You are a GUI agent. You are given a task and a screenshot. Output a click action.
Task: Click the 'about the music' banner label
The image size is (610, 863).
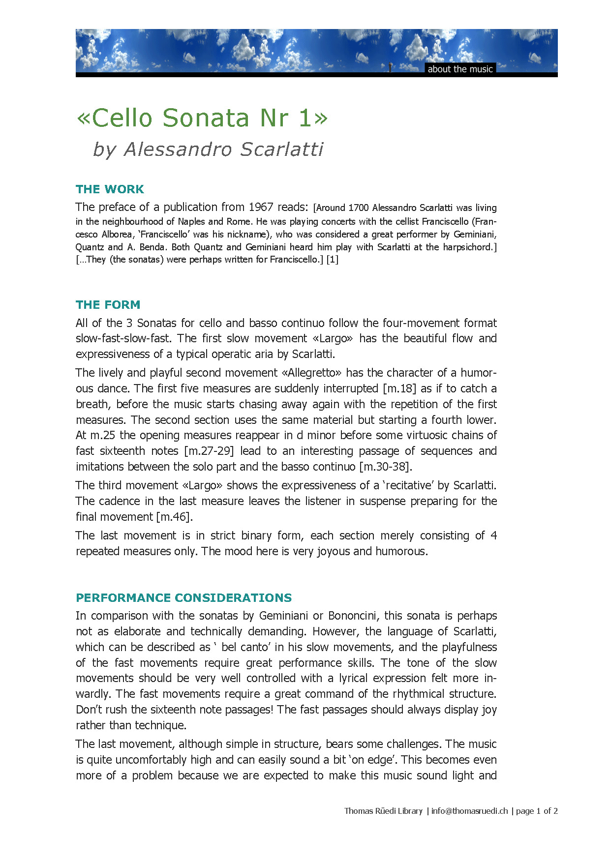[x=460, y=69]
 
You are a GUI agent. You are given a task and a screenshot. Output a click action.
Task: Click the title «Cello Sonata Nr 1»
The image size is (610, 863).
[x=202, y=118]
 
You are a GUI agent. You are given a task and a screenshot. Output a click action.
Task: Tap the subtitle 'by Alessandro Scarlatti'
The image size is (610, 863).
[x=208, y=149]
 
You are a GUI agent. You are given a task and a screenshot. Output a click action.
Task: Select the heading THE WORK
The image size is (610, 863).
[x=110, y=189]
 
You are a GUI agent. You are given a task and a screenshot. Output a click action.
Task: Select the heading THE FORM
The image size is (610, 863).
[x=108, y=305]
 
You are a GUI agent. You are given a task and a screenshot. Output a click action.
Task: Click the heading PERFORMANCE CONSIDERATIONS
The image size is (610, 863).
[x=183, y=598]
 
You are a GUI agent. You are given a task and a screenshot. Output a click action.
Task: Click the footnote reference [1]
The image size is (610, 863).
[x=333, y=260]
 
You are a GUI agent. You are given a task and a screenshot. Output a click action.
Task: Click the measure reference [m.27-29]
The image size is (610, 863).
[x=209, y=451]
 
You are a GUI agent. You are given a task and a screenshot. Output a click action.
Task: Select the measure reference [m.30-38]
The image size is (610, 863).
[x=386, y=467]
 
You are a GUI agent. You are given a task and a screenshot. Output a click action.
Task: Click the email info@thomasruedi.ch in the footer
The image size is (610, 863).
[x=469, y=811]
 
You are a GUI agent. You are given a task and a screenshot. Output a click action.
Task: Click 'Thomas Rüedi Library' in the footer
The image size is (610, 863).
[x=383, y=811]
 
